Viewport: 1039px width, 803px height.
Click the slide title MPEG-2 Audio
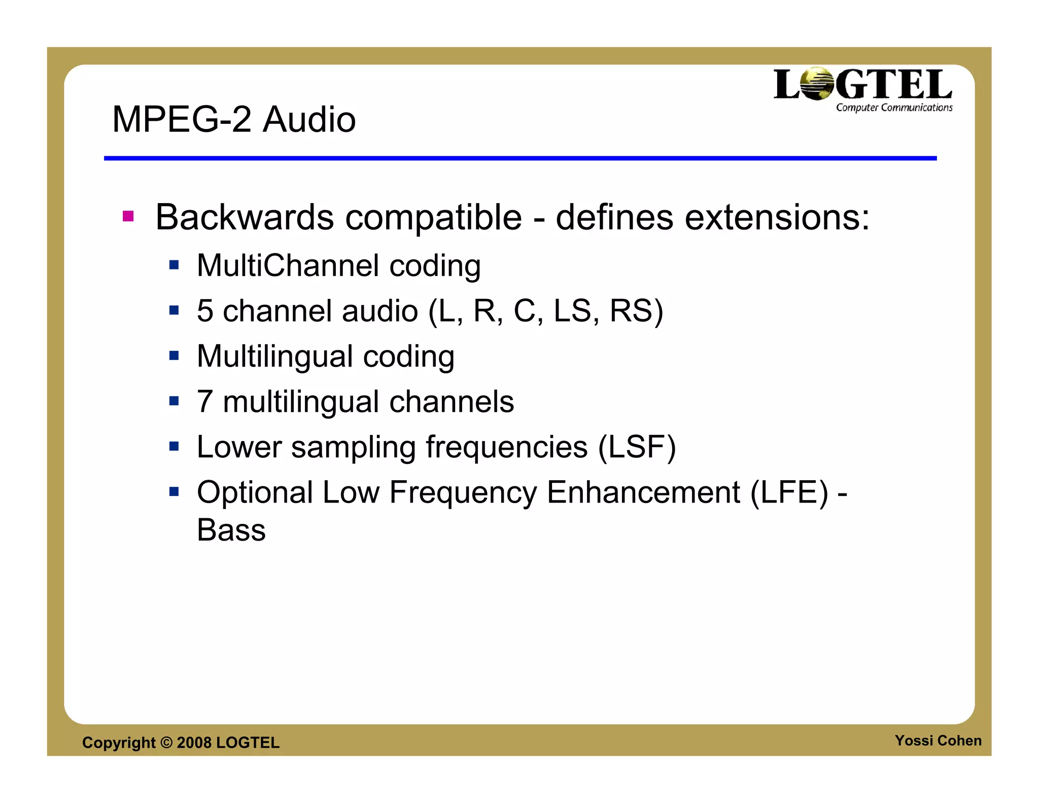(234, 120)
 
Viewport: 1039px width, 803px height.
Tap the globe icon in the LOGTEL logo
(816, 84)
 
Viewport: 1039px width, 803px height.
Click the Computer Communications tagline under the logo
(894, 108)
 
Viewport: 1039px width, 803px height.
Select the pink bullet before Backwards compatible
(128, 217)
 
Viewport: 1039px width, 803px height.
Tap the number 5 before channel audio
(205, 311)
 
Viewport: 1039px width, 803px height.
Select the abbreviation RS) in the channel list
(636, 311)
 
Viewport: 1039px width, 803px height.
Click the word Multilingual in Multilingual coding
(274, 356)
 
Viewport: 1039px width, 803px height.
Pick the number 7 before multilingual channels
(205, 401)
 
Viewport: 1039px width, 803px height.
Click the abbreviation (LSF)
(637, 447)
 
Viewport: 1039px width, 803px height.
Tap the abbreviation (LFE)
(789, 492)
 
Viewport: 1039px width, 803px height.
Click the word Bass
(231, 530)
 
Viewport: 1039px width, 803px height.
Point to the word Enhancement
(643, 492)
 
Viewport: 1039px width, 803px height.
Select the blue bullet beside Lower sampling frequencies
(174, 447)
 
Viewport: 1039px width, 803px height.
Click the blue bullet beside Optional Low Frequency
(174, 492)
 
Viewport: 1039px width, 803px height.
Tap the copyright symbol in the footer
(166, 743)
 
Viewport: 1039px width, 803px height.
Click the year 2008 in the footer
(194, 743)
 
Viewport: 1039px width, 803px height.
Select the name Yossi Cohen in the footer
(938, 741)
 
